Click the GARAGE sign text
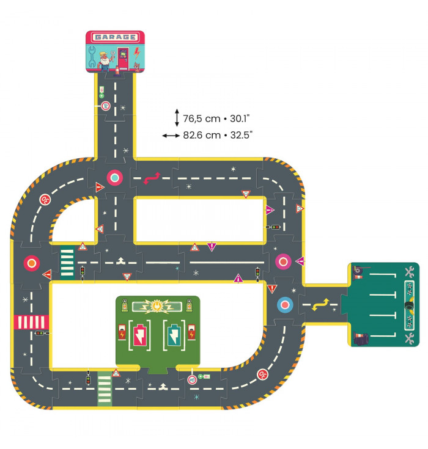(115, 37)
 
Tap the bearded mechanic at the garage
(105, 61)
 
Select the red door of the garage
(124, 59)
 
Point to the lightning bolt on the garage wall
(138, 53)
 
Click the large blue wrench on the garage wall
(92, 57)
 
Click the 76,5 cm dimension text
(202, 119)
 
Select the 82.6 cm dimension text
(202, 135)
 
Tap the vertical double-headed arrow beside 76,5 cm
(177, 118)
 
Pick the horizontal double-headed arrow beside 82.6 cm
(171, 136)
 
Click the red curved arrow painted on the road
(152, 178)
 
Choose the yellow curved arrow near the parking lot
(320, 304)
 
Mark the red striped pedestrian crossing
(31, 322)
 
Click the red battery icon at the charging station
(139, 335)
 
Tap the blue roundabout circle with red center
(285, 305)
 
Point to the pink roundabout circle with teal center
(115, 178)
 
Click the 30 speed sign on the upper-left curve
(45, 200)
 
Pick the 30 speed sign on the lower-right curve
(262, 374)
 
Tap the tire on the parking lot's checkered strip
(410, 305)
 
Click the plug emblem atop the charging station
(157, 307)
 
